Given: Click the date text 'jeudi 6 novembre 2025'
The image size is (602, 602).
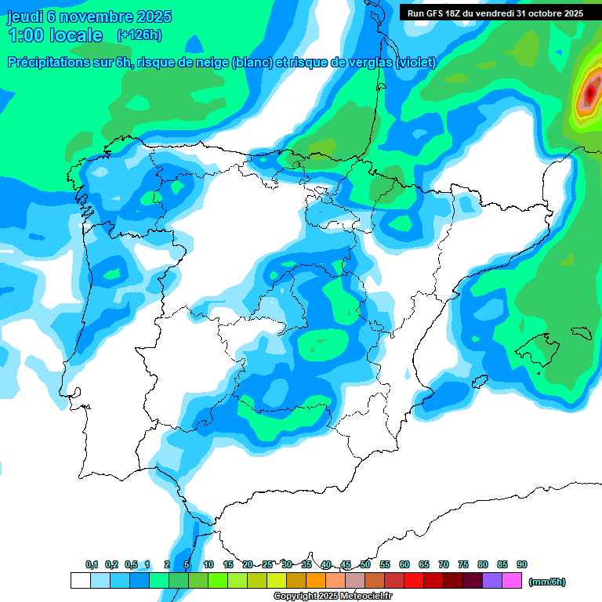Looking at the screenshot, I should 89,16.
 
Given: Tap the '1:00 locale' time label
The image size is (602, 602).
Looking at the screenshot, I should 55,35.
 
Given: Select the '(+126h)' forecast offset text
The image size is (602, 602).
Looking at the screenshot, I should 139,35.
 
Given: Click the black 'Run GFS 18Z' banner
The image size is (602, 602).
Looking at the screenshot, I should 495,13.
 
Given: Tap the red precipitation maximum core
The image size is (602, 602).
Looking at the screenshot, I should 589,95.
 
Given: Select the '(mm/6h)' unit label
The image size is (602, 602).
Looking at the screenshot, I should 546,582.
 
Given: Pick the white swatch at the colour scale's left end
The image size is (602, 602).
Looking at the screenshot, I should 80,581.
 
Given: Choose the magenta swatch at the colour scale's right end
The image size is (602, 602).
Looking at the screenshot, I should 512,581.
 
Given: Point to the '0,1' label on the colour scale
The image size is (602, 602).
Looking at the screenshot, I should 92,565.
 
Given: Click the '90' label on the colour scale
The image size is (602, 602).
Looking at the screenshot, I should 522,565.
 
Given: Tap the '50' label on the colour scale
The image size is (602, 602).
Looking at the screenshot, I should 365,565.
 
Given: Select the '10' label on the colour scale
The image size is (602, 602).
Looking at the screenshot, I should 209,565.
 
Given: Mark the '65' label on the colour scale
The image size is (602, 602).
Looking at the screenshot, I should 424,565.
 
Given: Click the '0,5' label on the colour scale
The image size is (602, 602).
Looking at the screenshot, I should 131,565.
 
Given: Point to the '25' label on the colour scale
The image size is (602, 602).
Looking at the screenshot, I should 267,565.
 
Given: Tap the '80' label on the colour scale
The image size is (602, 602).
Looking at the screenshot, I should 483,565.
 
